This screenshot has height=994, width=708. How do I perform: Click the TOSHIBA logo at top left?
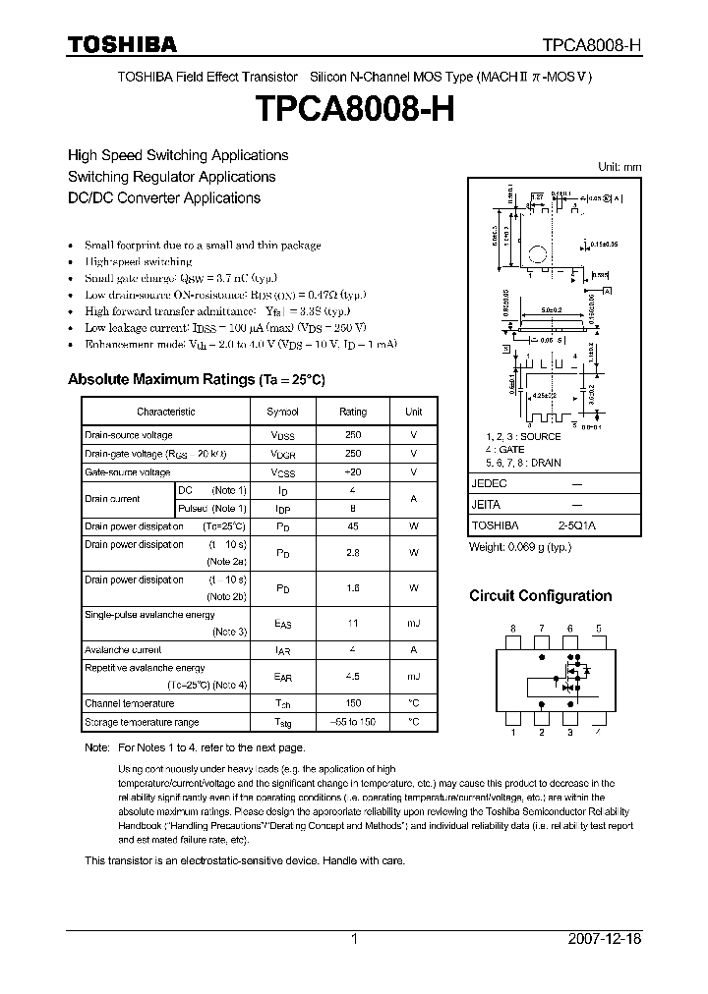[x=122, y=44]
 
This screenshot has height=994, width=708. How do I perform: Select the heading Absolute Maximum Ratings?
[x=196, y=379]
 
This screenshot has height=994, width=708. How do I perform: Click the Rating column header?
[x=352, y=412]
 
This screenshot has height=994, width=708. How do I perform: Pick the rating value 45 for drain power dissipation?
[x=352, y=525]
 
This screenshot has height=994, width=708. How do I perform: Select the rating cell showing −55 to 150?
[x=352, y=722]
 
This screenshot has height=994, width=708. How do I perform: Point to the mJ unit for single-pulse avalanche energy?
[x=413, y=623]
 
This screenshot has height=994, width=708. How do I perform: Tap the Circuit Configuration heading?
[x=540, y=595]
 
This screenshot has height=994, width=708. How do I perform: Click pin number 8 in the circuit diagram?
[x=511, y=627]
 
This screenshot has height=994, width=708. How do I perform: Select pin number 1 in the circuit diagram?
[x=511, y=732]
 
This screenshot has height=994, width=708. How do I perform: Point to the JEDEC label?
[x=489, y=484]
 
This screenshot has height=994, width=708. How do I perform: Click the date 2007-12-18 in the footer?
[x=605, y=939]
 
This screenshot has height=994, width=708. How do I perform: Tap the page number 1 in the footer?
[x=354, y=939]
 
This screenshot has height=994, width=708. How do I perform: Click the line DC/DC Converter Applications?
[x=164, y=197]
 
